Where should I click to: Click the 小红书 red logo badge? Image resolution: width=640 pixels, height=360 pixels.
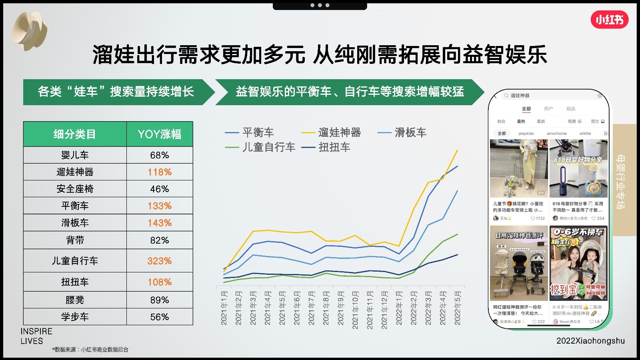[609, 20]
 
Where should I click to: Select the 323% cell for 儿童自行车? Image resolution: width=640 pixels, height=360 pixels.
[159, 261]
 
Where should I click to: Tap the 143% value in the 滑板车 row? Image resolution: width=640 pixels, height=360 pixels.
[159, 223]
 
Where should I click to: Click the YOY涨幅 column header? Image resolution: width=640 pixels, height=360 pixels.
[159, 134]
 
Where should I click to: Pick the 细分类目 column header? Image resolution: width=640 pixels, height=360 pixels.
[75, 134]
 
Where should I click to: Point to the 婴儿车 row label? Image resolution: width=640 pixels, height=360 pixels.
[75, 155]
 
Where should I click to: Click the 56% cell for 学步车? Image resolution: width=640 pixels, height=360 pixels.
[159, 317]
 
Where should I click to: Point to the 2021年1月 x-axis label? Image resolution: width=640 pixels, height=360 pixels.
[224, 308]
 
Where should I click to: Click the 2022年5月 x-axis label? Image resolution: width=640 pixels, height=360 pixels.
[458, 308]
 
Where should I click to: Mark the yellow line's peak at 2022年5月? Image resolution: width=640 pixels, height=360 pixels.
[457, 150]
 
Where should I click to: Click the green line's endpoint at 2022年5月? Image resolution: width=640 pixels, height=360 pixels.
[457, 234]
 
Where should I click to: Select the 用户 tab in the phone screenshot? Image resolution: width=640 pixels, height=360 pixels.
[548, 109]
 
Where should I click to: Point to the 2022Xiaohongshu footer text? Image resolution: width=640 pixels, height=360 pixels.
[590, 341]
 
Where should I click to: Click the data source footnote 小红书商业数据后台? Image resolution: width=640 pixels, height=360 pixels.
[90, 350]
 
